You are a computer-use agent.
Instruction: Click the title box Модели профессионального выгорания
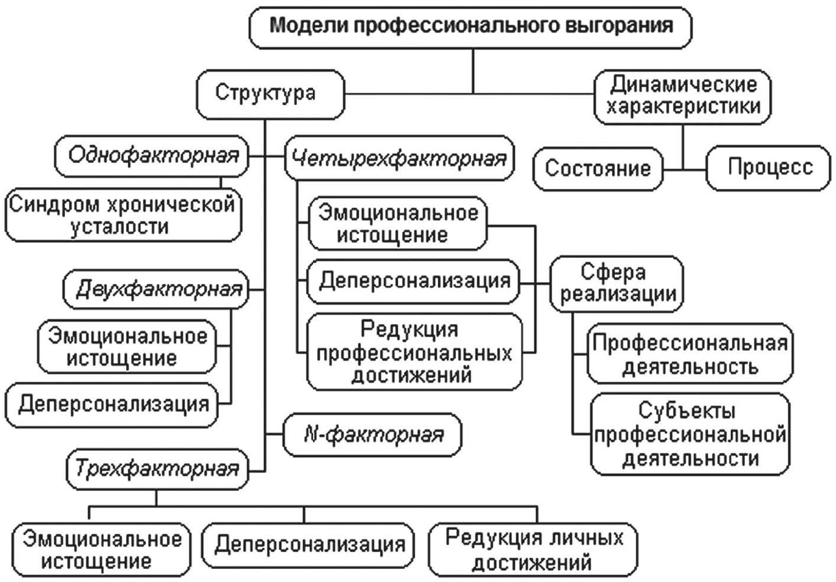(470, 26)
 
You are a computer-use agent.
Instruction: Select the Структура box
(270, 93)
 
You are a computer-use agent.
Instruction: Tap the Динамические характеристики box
(683, 96)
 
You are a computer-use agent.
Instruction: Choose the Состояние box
(597, 169)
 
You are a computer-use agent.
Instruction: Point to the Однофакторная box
(152, 156)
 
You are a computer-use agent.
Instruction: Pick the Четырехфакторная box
(399, 159)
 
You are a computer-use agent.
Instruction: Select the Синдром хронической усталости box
(123, 215)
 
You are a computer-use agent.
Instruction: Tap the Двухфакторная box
(157, 289)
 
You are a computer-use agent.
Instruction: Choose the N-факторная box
(373, 435)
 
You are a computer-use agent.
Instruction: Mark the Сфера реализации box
(616, 283)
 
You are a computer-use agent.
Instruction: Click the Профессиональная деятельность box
(690, 354)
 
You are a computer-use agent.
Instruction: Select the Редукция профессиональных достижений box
(415, 353)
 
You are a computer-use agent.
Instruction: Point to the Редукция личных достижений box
(533, 549)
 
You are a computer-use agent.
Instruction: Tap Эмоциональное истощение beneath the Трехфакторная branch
(101, 549)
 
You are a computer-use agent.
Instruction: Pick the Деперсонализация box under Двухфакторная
(112, 405)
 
